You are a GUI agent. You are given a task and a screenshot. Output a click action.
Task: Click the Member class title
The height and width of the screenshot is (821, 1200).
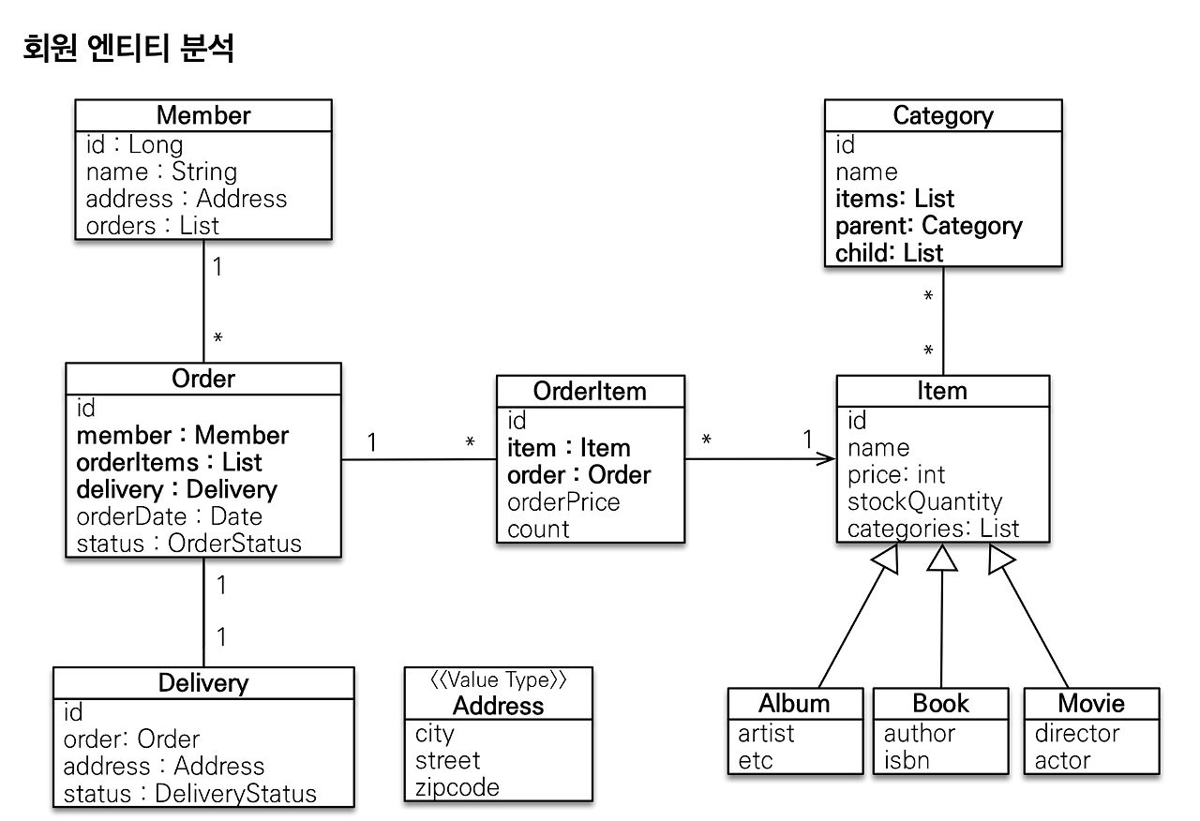pos(203,115)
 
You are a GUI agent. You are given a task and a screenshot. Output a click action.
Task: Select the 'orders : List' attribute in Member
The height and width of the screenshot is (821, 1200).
pos(152,226)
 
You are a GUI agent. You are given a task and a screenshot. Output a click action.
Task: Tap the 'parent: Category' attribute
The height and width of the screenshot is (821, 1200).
pos(928,226)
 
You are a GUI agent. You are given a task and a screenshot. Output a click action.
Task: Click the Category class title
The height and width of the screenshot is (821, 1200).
pos(942,115)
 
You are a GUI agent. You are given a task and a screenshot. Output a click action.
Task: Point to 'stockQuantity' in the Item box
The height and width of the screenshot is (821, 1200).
pos(924,501)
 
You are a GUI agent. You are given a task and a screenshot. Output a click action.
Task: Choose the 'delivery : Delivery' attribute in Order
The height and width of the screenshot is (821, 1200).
pos(176,489)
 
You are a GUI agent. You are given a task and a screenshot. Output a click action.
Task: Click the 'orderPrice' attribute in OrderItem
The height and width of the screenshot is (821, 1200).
pos(563,502)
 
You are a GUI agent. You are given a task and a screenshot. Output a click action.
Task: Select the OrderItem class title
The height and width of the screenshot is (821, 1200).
pos(590,391)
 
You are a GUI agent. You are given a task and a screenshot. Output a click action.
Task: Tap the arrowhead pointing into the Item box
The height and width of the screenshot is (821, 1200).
pos(826,459)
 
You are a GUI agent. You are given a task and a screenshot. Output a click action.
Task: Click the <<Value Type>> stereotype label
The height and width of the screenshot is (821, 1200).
pos(498,680)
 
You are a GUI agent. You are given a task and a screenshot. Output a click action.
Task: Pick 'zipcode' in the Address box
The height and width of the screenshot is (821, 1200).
pos(457,787)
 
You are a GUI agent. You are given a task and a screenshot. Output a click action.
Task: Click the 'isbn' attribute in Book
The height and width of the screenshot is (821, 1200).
pos(907,760)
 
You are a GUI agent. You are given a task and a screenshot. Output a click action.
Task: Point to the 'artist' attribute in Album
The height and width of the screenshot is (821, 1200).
pos(766,733)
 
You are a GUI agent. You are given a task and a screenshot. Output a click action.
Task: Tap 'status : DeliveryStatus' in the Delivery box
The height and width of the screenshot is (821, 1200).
pos(189,794)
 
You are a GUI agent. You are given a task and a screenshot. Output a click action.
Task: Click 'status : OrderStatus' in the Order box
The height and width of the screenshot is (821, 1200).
pos(188,544)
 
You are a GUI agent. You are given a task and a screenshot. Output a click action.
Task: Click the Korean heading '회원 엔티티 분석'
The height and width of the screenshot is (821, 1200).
pos(127,48)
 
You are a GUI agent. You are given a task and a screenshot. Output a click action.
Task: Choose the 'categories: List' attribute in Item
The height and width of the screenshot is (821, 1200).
pos(933,529)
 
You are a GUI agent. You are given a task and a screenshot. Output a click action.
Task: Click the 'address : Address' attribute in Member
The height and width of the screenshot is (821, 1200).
pos(186,199)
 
